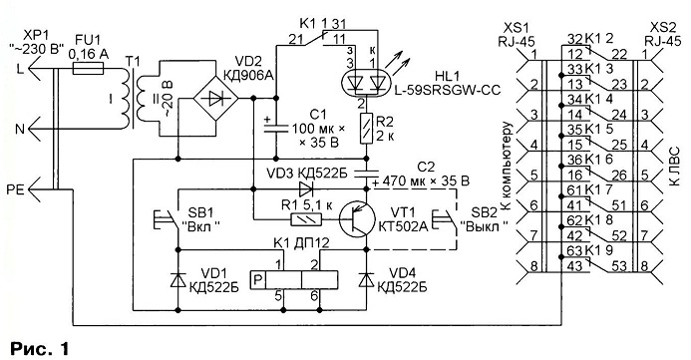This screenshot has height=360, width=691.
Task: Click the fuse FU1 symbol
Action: click(88, 68)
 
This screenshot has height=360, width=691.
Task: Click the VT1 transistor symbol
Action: click(357, 219)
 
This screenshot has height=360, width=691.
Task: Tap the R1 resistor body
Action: click(306, 219)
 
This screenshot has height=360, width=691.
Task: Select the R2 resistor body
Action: click(367, 129)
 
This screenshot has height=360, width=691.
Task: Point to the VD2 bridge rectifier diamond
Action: click(216, 99)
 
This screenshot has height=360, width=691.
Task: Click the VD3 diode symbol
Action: click(306, 189)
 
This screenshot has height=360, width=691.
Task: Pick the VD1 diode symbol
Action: click(178, 280)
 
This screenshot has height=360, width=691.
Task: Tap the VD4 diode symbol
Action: click(367, 280)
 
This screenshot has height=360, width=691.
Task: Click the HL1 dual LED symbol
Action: click(365, 83)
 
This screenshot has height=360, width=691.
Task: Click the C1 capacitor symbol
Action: click(276, 127)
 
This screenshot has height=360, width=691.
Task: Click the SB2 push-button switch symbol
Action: click(445, 219)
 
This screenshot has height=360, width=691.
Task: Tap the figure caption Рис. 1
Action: click(40, 349)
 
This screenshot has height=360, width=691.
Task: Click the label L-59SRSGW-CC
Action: click(445, 91)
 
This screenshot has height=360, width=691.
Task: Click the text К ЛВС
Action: click(675, 167)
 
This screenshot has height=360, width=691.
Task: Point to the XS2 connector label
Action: click(659, 28)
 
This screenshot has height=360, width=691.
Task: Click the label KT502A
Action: click(403, 226)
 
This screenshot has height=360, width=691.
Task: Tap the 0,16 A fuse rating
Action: click(89, 54)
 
